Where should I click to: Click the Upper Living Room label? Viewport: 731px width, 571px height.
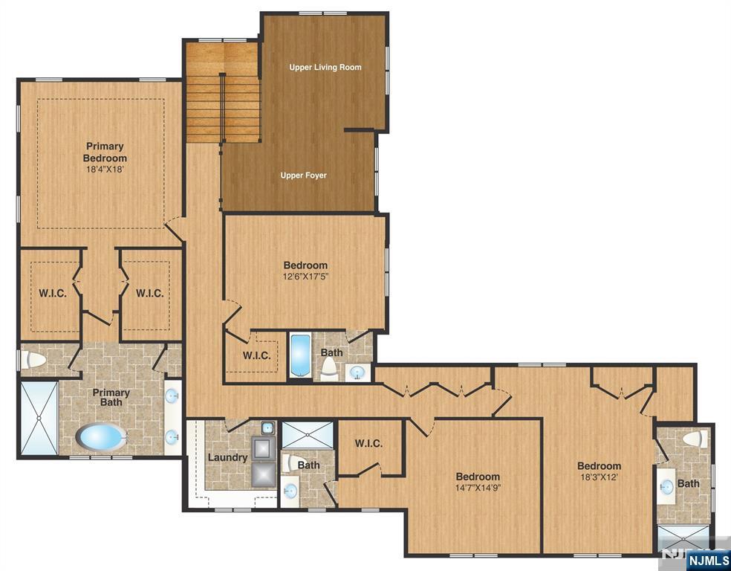325,67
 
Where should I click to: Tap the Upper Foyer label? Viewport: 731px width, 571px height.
304,175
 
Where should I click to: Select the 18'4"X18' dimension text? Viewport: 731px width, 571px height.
105,170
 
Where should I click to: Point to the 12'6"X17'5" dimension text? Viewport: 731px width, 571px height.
306,276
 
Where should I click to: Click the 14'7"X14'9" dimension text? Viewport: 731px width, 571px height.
478,488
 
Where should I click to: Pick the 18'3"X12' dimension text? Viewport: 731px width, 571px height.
599,477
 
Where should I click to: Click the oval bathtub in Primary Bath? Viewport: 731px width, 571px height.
101,436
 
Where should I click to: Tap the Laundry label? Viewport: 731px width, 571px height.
227,457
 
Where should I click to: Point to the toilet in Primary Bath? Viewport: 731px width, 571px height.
34,360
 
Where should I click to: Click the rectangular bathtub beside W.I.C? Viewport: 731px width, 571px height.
300,355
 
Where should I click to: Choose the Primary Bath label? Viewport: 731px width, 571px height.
111,398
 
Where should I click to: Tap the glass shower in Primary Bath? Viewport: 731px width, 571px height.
39,418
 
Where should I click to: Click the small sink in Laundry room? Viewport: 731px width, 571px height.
267,428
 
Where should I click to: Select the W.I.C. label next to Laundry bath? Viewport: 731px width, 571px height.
368,443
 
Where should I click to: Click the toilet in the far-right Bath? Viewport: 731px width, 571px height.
695,439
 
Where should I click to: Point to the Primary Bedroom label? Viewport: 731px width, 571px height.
105,152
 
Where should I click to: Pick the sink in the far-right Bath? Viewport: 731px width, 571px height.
666,486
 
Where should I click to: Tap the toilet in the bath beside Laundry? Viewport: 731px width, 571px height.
290,462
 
